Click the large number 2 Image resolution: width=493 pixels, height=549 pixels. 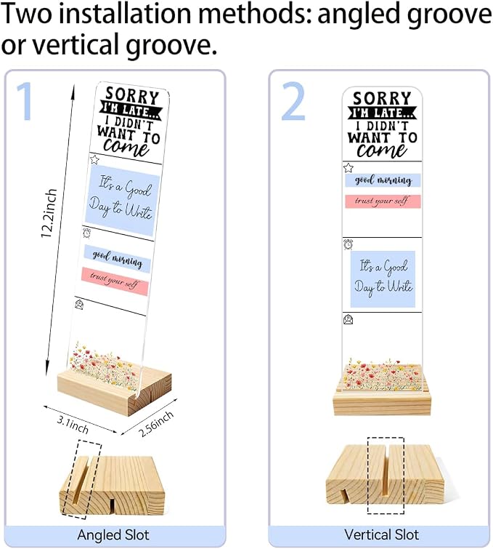pyautogui.click(x=294, y=101)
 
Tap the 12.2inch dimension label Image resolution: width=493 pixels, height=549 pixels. pyautogui.click(x=49, y=213)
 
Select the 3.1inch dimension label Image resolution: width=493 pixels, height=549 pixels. pyautogui.click(x=73, y=425)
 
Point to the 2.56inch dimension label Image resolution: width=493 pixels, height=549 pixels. pyautogui.click(x=156, y=424)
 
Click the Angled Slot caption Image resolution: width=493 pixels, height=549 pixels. pyautogui.click(x=113, y=535)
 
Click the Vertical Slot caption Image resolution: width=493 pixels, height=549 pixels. pyautogui.click(x=381, y=534)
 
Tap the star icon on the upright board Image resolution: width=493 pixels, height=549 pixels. pyautogui.click(x=348, y=168)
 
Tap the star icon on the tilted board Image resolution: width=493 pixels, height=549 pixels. pyautogui.click(x=94, y=160)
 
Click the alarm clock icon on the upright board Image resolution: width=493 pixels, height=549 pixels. pyautogui.click(x=348, y=244)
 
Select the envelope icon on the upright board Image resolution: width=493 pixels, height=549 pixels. pyautogui.click(x=349, y=320)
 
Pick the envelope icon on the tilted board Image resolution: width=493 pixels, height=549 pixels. pyautogui.click(x=79, y=304)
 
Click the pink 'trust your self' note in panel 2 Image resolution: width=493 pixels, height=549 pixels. pyautogui.click(x=383, y=201)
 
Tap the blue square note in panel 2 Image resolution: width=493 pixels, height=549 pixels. pyautogui.click(x=383, y=279)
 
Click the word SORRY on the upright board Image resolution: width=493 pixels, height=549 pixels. pyautogui.click(x=382, y=98)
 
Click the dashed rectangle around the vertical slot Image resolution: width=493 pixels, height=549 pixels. pyautogui.click(x=386, y=476)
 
